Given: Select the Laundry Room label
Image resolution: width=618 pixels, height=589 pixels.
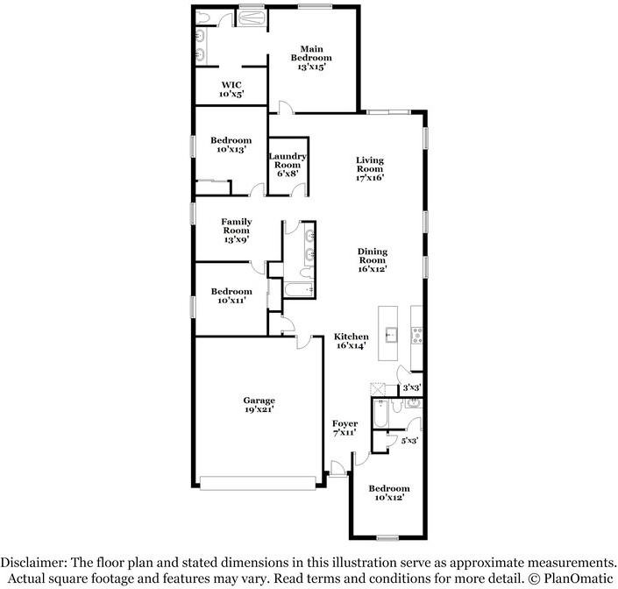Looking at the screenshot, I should tap(288, 165).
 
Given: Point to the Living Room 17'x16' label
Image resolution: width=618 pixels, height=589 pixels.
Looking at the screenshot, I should tap(370, 169).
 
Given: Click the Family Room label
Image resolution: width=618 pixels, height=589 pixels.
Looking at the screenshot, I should tap(236, 231).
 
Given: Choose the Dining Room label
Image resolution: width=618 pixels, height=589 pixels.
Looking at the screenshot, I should tap(372, 260).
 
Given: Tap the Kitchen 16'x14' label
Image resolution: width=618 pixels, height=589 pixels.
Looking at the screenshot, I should tap(351, 341).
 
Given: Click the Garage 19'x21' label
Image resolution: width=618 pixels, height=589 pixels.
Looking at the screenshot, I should tap(259, 404).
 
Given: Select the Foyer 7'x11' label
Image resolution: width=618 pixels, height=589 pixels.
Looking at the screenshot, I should tap(345, 428).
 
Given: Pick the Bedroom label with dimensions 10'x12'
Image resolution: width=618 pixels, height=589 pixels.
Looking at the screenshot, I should tap(388, 493).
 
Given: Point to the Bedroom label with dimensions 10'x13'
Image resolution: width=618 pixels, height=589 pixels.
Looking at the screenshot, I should tap(231, 145).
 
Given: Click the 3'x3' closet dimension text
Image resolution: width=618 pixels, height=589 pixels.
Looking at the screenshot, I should tap(410, 387).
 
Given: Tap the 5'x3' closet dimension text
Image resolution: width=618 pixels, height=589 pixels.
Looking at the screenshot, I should tap(409, 441).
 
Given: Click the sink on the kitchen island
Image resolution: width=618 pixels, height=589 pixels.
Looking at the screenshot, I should tap(389, 334).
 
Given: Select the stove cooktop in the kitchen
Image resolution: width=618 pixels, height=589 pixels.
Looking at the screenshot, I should tap(417, 334).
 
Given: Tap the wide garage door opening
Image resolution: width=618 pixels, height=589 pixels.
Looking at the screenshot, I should tap(259, 481).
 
